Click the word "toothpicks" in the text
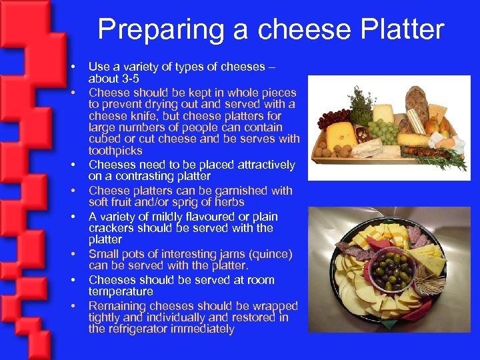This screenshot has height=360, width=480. click(x=115, y=151)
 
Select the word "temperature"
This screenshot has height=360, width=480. click(x=121, y=292)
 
